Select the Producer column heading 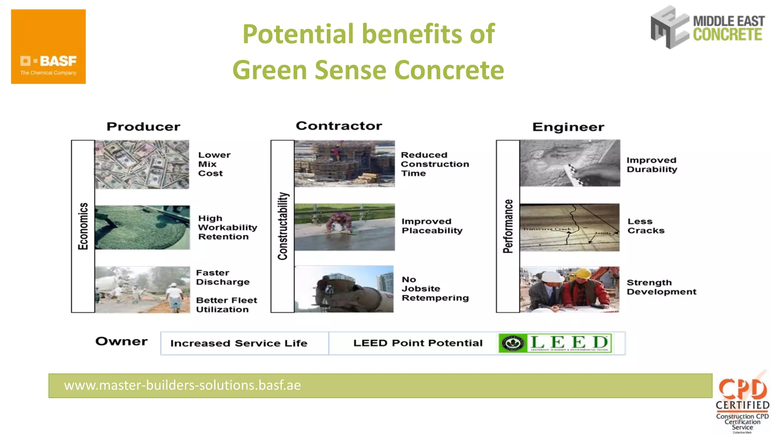143,127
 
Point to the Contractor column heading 339,126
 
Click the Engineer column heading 568,127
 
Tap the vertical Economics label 83,226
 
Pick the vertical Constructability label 283,226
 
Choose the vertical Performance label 508,226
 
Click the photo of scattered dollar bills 142,164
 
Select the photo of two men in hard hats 569,289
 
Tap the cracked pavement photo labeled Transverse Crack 569,227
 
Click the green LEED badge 555,343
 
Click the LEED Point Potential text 417,343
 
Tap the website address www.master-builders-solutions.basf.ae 183,385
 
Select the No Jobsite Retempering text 435,289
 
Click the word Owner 121,341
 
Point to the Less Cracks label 646,226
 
